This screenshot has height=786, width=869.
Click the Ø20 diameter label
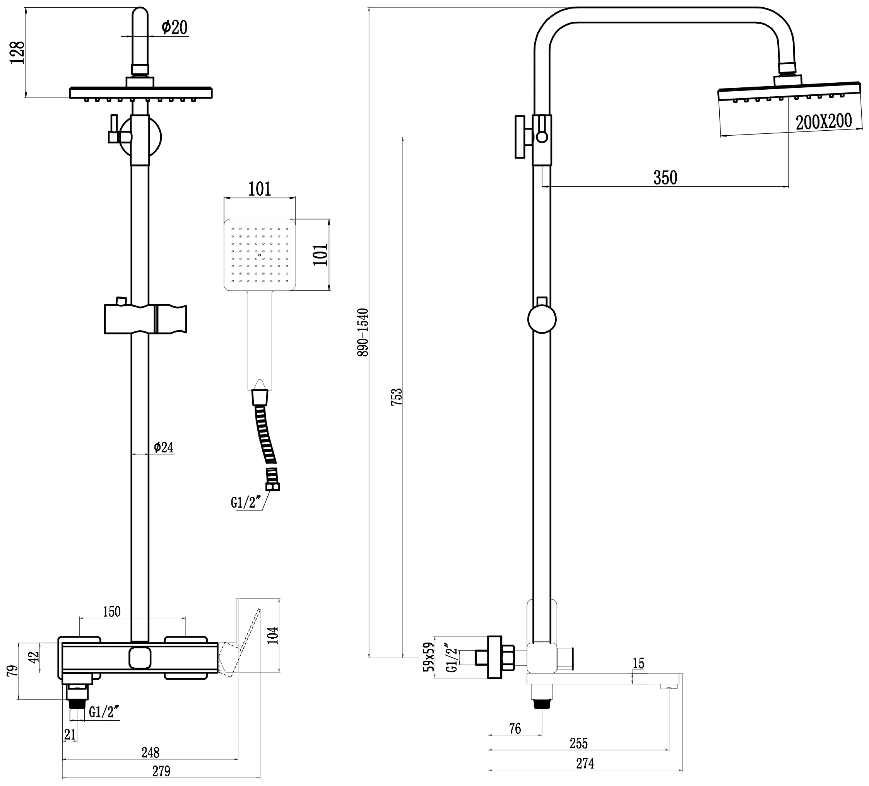pyautogui.click(x=174, y=27)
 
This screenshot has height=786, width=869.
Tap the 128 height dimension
pyautogui.click(x=18, y=53)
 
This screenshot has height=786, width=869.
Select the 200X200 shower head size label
pyautogui.click(x=824, y=122)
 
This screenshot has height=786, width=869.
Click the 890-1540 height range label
pyautogui.click(x=363, y=332)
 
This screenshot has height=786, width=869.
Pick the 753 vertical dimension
pyautogui.click(x=397, y=397)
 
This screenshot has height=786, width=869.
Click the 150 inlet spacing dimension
pyautogui.click(x=112, y=612)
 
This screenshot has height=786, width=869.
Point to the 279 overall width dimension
pyautogui.click(x=161, y=771)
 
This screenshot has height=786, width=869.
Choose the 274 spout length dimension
pyautogui.click(x=585, y=764)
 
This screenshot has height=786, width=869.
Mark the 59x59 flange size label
pyautogui.click(x=428, y=657)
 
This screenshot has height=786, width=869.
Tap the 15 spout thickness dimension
pyautogui.click(x=638, y=664)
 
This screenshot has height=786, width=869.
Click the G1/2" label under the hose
pyautogui.click(x=246, y=503)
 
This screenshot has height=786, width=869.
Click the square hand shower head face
pyautogui.click(x=260, y=254)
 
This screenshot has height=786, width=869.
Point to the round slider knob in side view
pyautogui.click(x=542, y=319)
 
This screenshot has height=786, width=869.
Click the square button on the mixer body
pyautogui.click(x=140, y=658)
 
